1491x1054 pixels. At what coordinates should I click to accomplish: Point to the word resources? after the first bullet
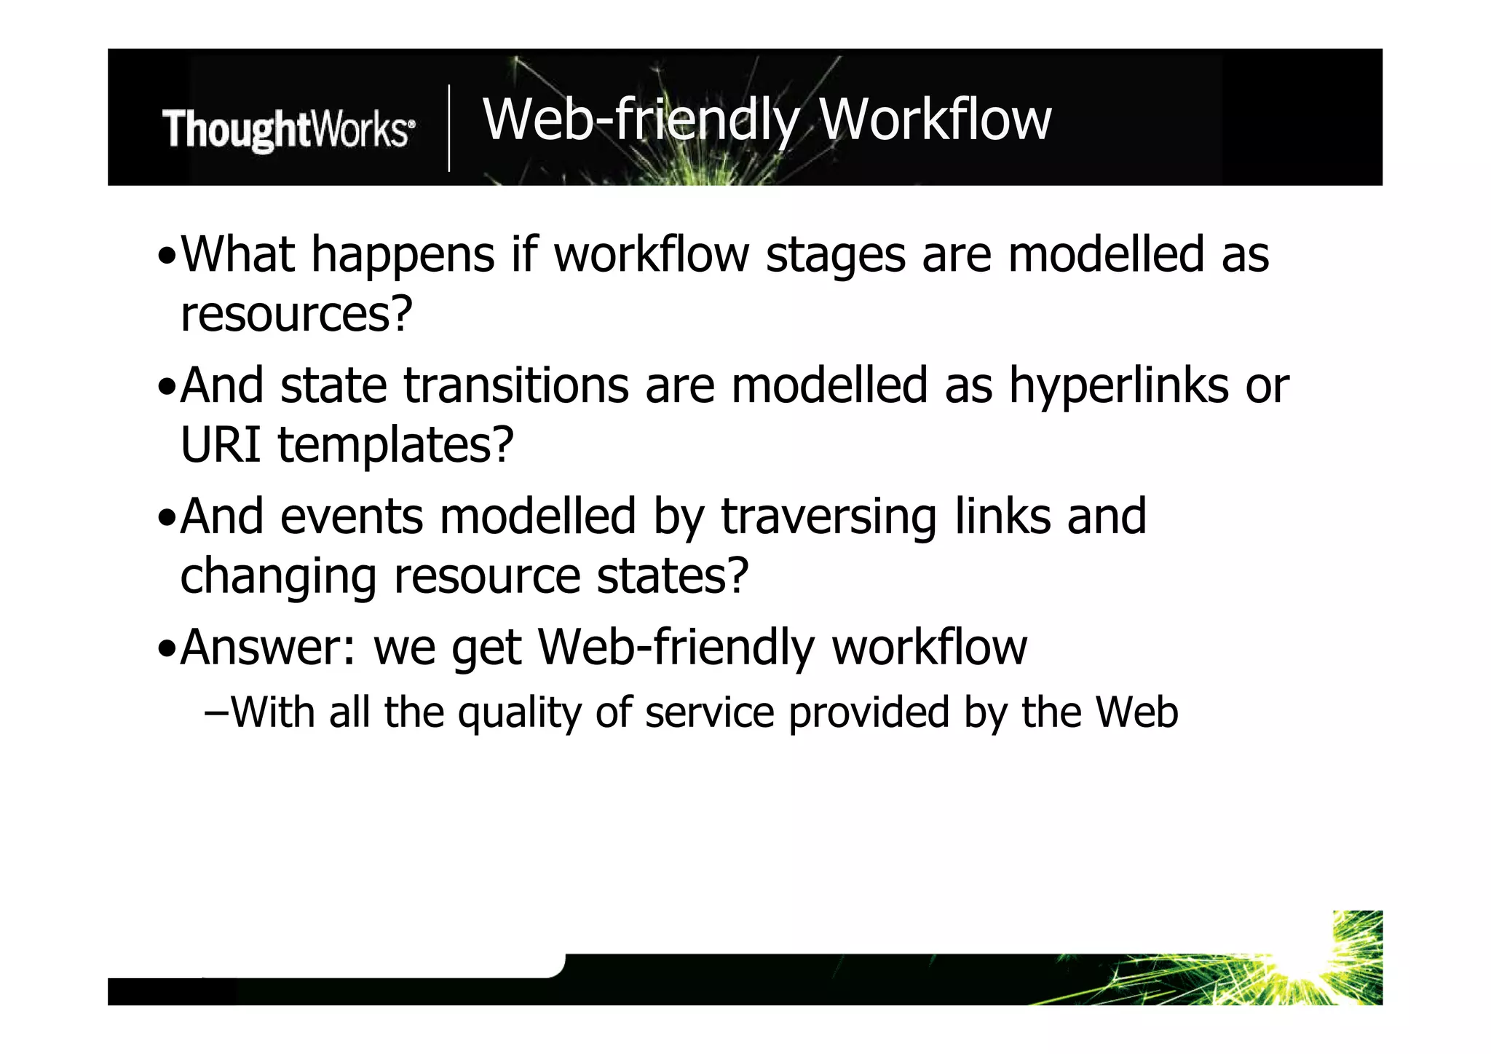pyautogui.click(x=296, y=315)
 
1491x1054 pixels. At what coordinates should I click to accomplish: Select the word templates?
pyautogui.click(x=395, y=446)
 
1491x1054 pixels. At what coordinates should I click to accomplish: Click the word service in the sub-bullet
pyautogui.click(x=709, y=712)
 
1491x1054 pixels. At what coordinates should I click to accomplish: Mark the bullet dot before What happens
pyautogui.click(x=167, y=258)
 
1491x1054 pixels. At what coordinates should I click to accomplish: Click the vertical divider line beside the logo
pyautogui.click(x=448, y=128)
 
